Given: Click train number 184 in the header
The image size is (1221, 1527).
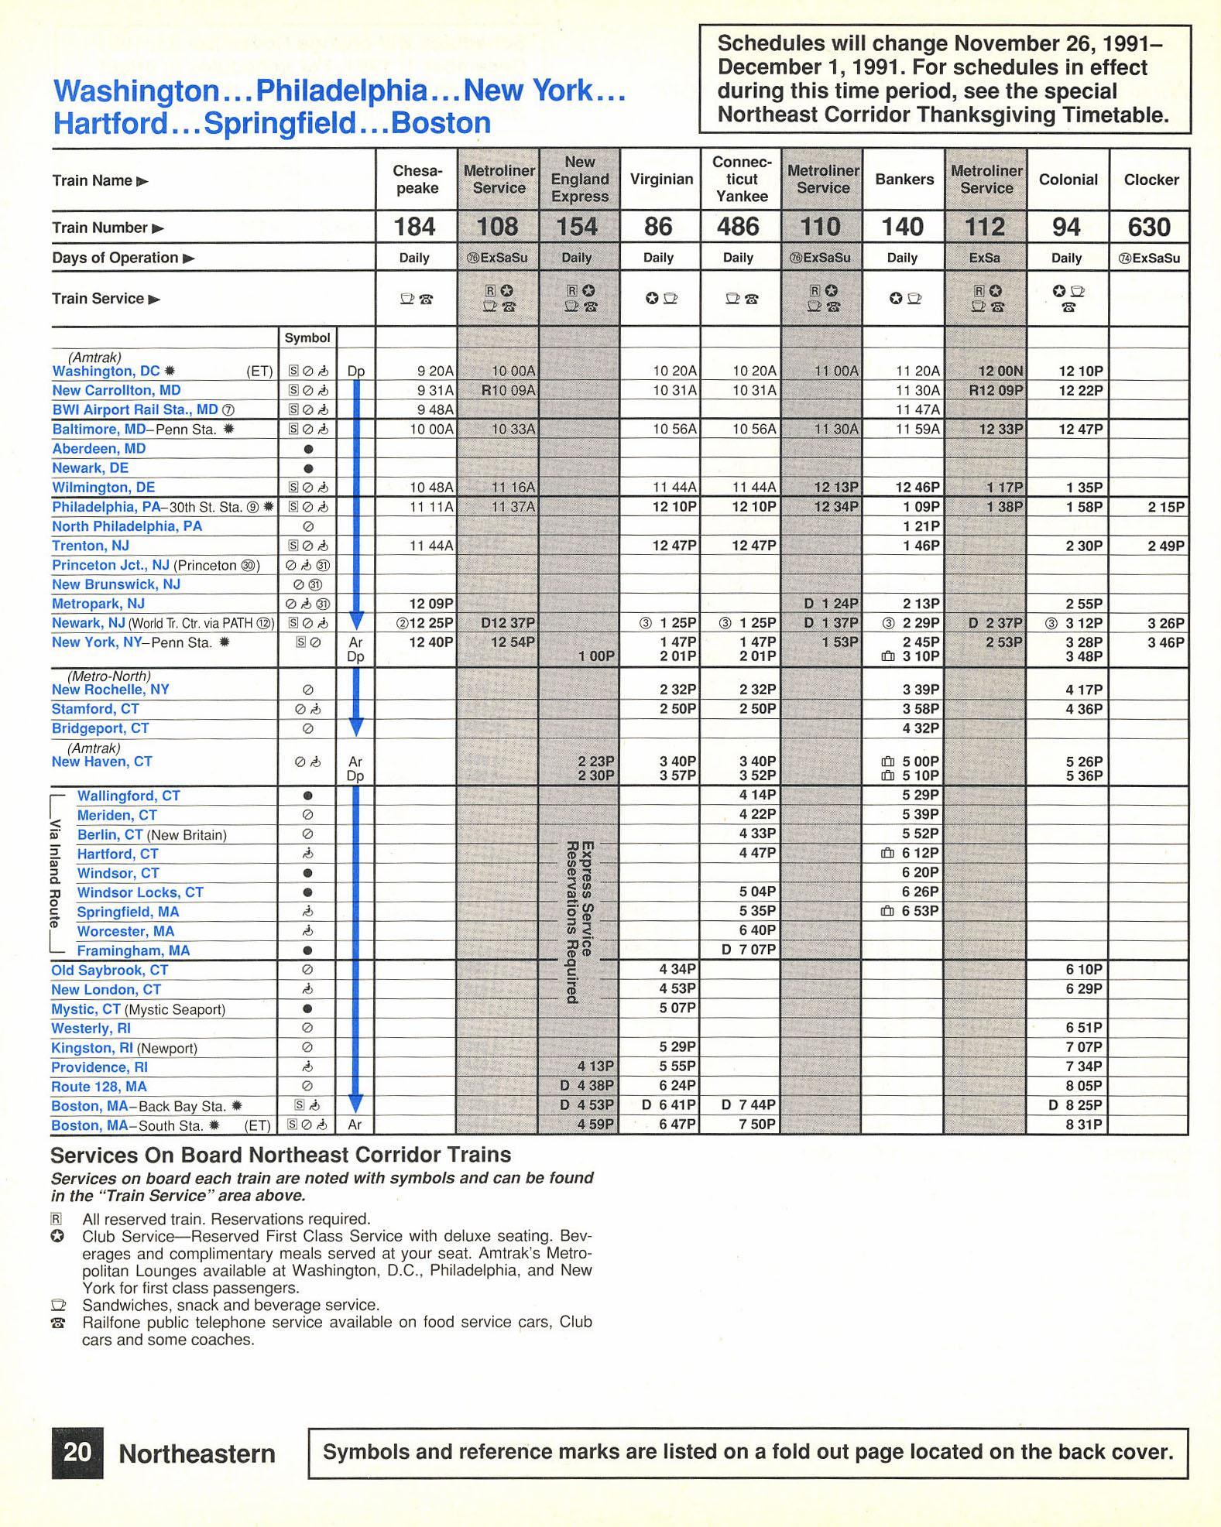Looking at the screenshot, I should pos(414,227).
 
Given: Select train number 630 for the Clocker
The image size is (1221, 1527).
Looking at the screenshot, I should pos(1149,227).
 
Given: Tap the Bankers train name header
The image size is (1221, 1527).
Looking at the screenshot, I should pos(904,180).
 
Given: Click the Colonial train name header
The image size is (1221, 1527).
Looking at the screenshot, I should pos(1068,180).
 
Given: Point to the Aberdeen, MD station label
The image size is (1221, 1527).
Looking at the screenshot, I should pos(99,449).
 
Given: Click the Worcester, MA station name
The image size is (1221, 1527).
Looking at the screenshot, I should pos(125,931).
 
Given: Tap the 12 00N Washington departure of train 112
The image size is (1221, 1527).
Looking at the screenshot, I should pos(1000,371).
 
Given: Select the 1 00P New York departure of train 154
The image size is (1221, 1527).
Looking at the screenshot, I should pos(595,656).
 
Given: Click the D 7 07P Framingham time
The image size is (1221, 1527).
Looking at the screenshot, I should pos(748,950).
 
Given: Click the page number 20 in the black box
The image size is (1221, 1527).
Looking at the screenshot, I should pos(77,1452).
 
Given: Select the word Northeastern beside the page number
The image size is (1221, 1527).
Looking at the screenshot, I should pos(197,1453).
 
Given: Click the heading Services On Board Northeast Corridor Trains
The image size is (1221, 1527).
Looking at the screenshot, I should pos(280,1155).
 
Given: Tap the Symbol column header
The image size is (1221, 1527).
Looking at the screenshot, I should pos(307,338).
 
